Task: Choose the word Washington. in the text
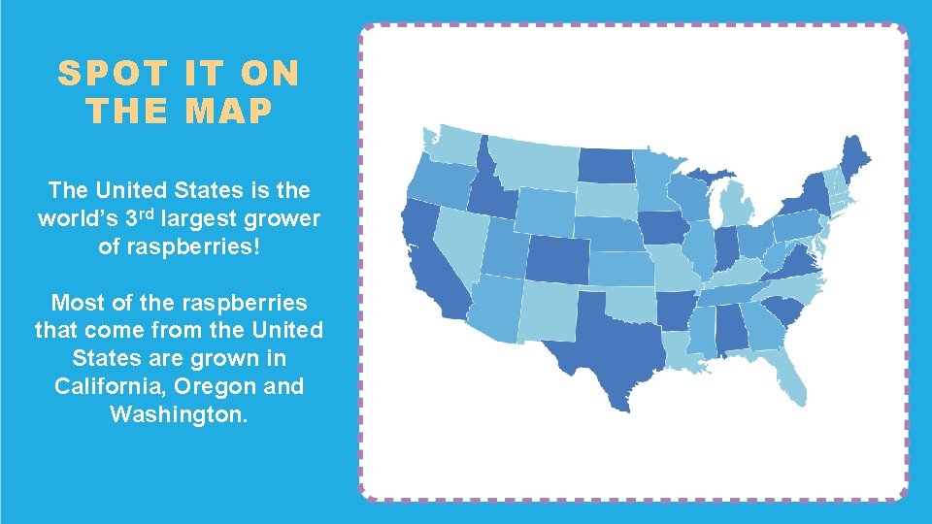pos(179,414)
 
